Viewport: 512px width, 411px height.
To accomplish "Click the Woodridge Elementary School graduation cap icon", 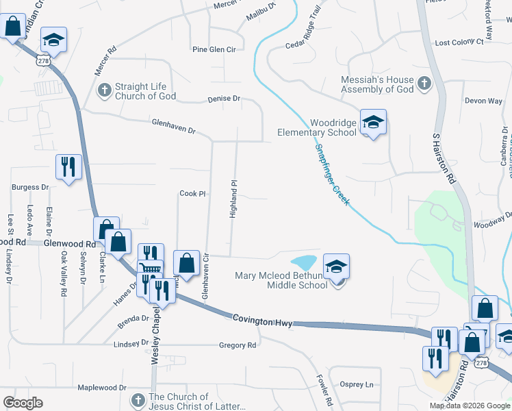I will (x=373, y=123).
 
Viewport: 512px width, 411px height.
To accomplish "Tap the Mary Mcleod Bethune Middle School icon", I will (x=336, y=266).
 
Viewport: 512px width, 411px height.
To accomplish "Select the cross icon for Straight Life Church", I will (x=104, y=90).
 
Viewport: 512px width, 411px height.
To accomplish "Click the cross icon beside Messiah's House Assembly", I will (x=424, y=84).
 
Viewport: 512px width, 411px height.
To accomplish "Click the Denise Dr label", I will (x=224, y=99).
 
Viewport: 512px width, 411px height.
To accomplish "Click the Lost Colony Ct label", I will (x=459, y=42).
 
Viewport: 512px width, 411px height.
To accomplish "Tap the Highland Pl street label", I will (x=233, y=199).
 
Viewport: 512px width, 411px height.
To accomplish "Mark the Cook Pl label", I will (x=192, y=194).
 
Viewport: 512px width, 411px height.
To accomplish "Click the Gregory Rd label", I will (x=238, y=345).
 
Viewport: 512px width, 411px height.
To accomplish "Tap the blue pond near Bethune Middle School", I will (x=304, y=262).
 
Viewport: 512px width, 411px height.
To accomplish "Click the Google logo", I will (x=23, y=403).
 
